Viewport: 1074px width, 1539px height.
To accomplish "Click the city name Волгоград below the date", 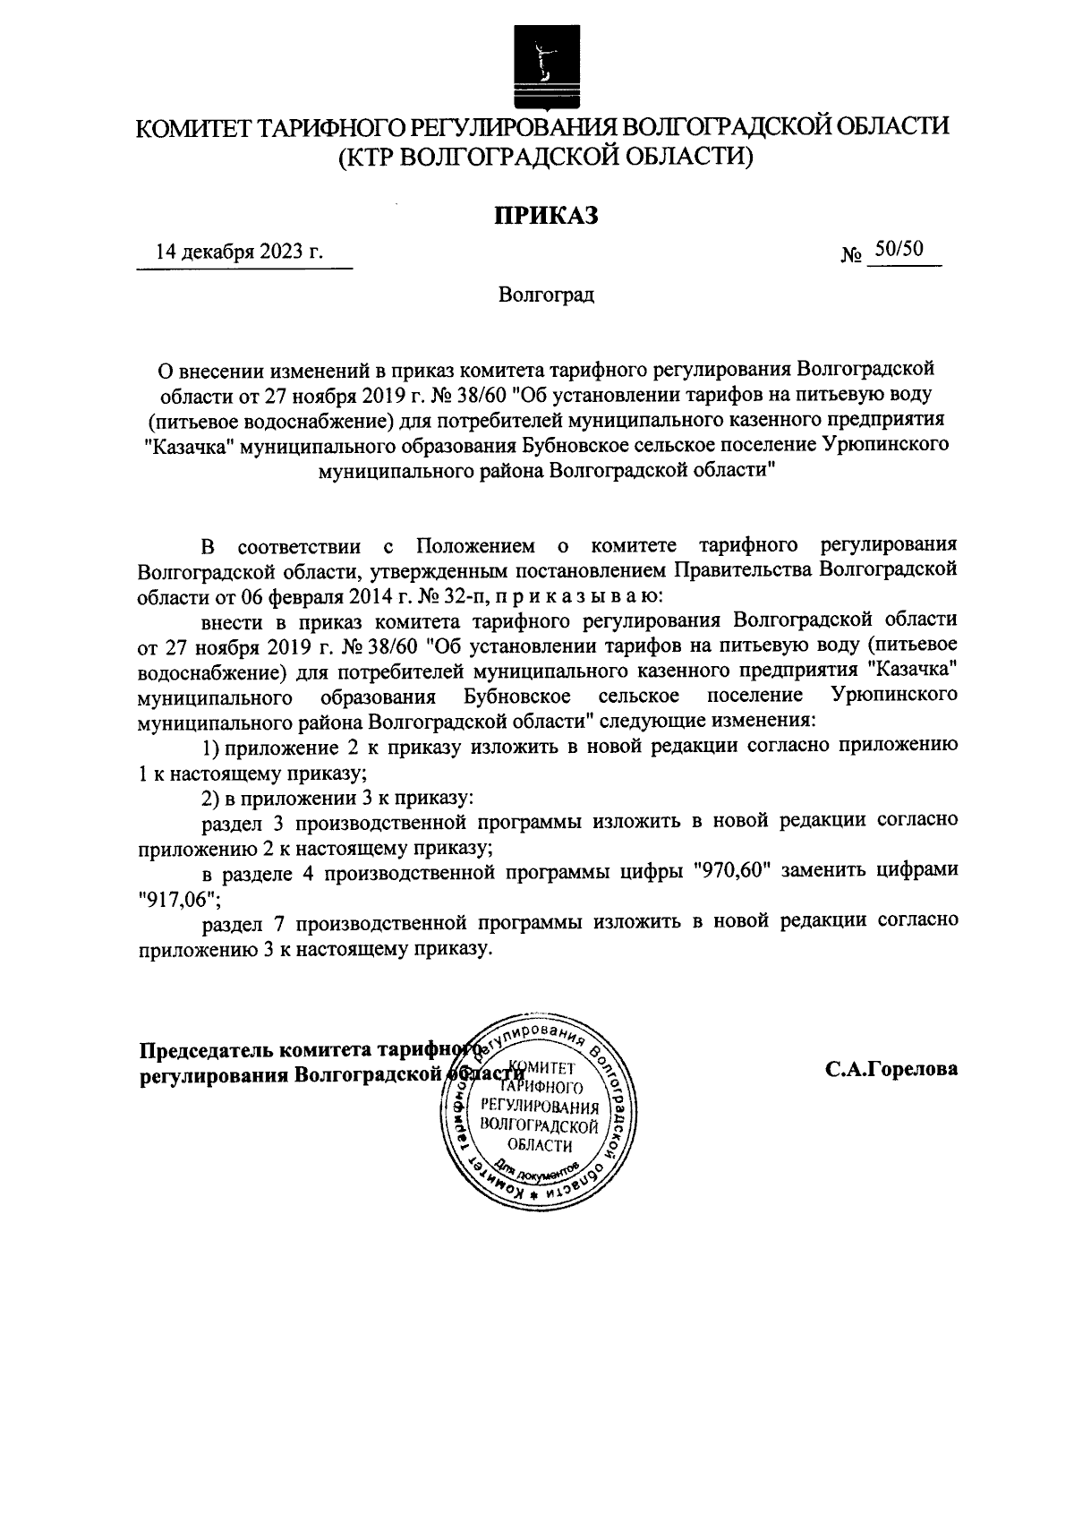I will pyautogui.click(x=547, y=294).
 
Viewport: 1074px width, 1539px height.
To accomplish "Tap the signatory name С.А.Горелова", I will pyautogui.click(x=891, y=1068).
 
